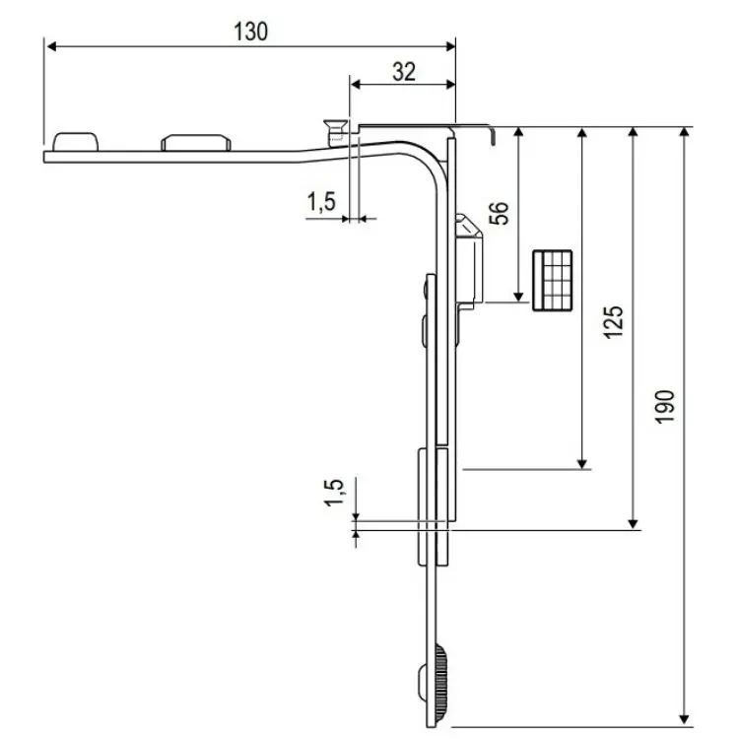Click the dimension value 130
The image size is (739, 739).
tap(250, 31)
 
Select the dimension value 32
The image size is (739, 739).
tap(403, 71)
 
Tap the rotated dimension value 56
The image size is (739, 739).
tap(500, 214)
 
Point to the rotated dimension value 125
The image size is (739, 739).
tap(613, 322)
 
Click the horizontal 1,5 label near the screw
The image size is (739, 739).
tap(321, 201)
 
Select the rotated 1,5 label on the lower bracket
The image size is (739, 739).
tap(334, 493)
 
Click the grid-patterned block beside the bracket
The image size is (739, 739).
tap(553, 281)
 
